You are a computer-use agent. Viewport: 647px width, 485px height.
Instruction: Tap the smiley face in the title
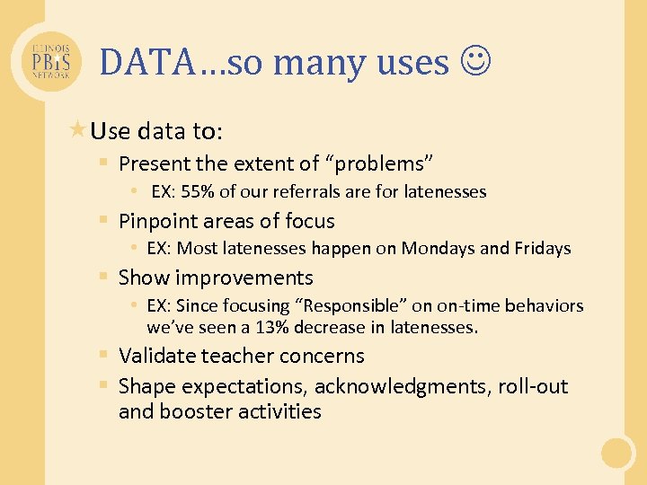(476, 61)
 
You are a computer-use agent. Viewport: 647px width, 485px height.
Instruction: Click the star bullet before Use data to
(78, 130)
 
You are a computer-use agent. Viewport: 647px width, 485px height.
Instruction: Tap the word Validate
(156, 356)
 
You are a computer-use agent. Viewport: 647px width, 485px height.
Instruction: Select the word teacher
(234, 356)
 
